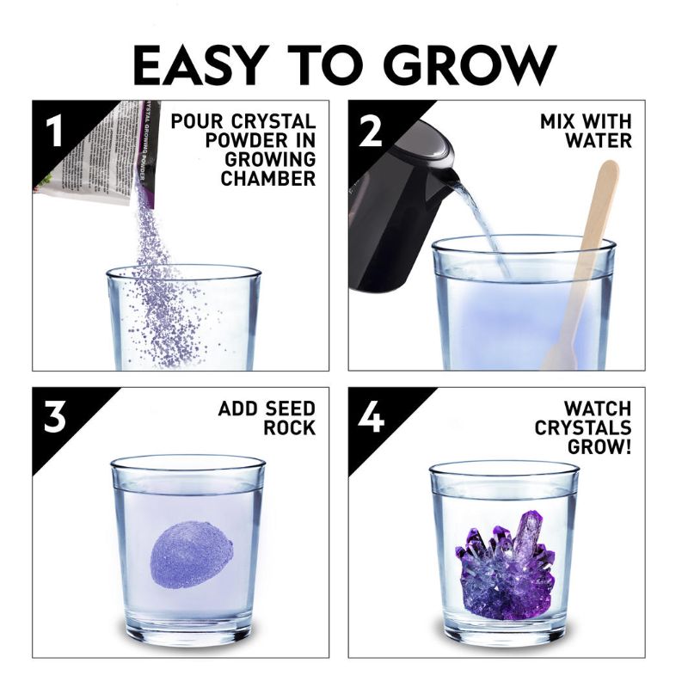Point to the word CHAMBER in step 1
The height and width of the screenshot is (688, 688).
(x=267, y=178)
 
